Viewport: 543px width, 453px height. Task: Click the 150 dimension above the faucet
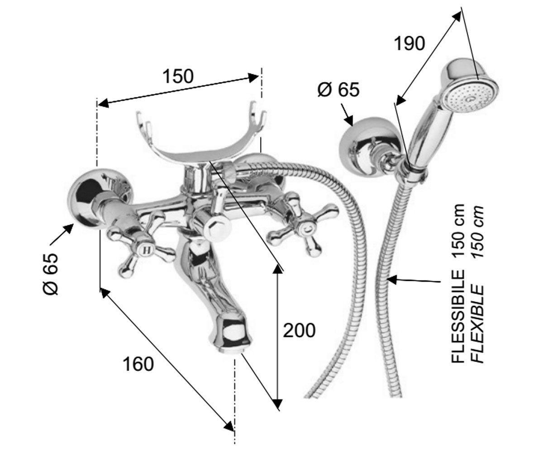[x=178, y=76]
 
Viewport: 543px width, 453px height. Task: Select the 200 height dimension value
[x=299, y=331]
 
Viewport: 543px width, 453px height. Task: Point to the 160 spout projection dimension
[x=138, y=364]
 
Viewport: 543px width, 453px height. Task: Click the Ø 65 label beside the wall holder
[x=338, y=90]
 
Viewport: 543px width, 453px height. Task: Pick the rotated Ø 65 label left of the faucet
[x=50, y=274]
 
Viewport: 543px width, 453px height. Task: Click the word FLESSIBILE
[x=457, y=316]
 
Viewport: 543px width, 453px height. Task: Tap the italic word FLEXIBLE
[x=477, y=323]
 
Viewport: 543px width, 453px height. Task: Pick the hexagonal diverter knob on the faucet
[x=217, y=229]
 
